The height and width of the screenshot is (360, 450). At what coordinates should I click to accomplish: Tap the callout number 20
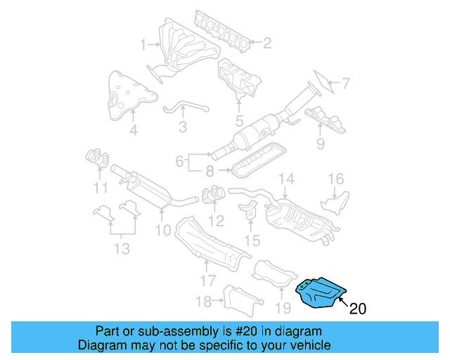pyautogui.click(x=357, y=308)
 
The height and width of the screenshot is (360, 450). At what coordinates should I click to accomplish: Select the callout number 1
pyautogui.click(x=143, y=45)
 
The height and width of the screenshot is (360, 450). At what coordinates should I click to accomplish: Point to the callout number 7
pyautogui.click(x=345, y=84)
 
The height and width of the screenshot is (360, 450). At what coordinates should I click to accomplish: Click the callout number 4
pyautogui.click(x=133, y=130)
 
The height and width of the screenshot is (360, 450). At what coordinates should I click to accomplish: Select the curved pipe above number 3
pyautogui.click(x=186, y=108)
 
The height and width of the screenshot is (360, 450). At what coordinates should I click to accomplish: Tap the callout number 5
pyautogui.click(x=240, y=121)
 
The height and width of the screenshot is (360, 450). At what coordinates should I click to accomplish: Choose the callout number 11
pyautogui.click(x=101, y=188)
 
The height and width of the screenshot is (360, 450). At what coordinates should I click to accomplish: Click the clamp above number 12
pyautogui.click(x=212, y=195)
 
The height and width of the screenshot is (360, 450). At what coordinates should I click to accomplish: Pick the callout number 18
pyautogui.click(x=203, y=302)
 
